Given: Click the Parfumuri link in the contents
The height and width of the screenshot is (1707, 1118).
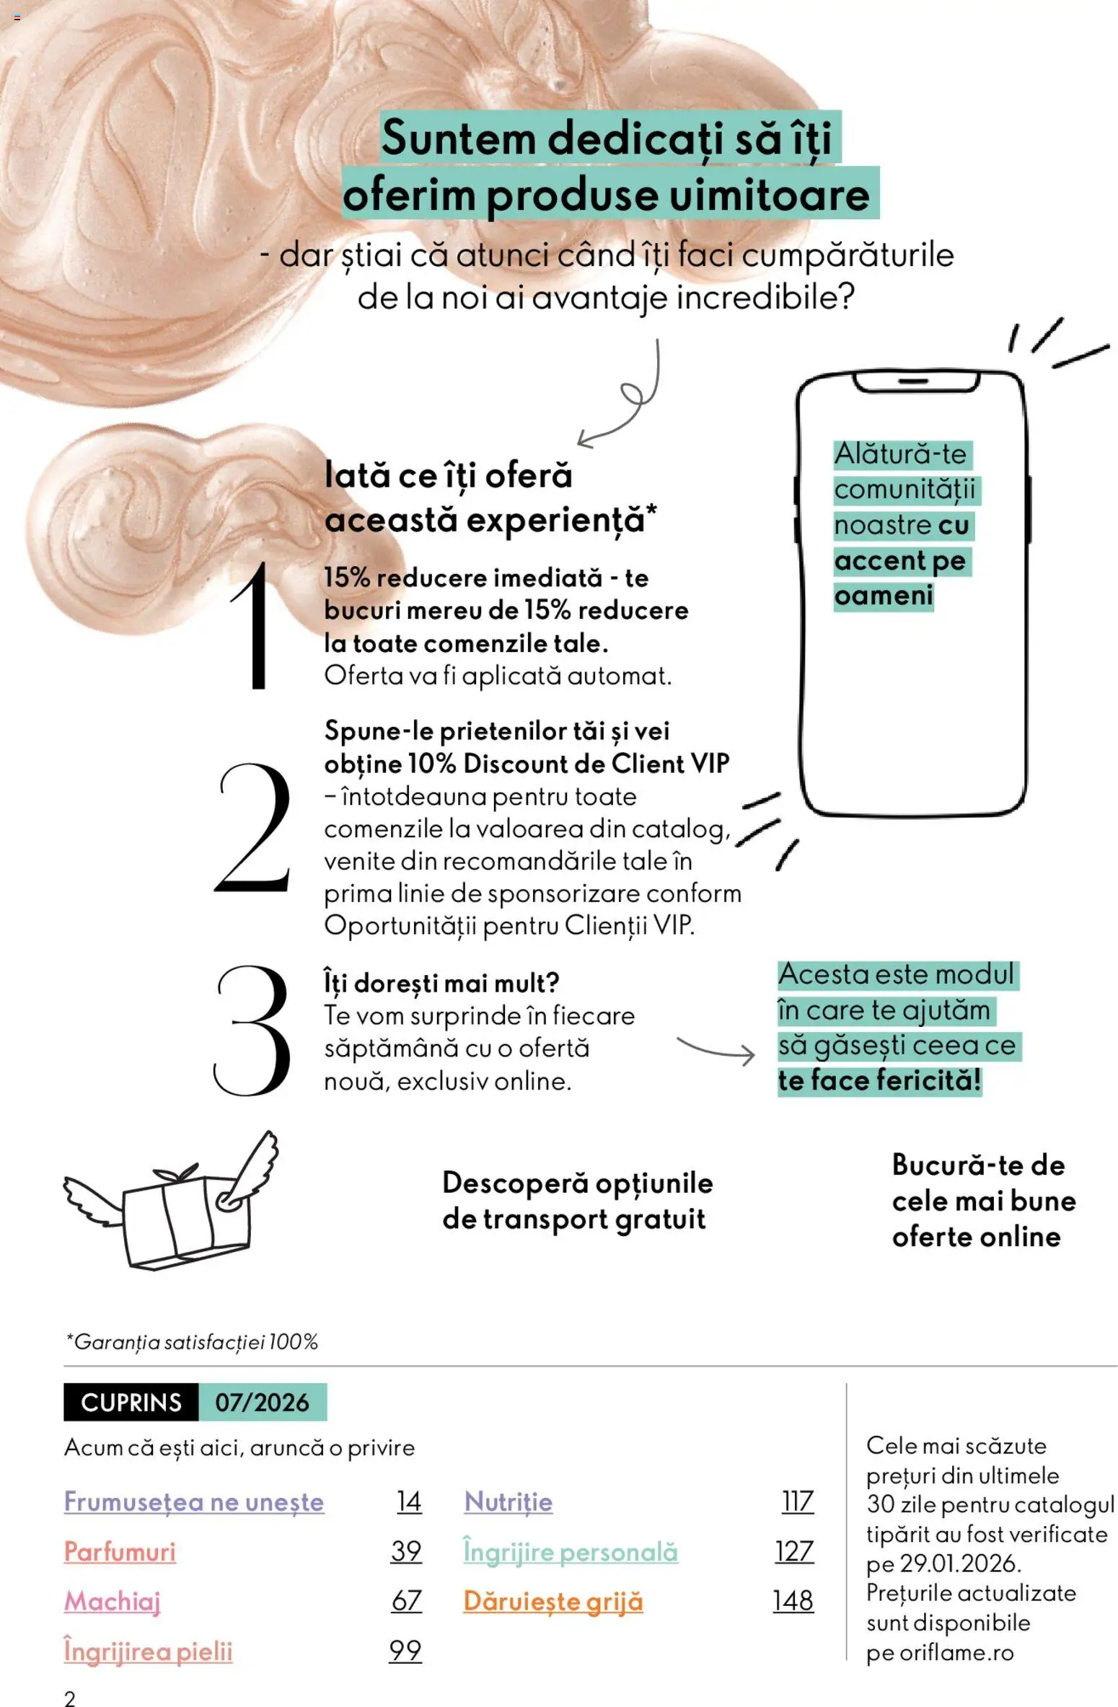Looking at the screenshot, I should pyautogui.click(x=120, y=1551).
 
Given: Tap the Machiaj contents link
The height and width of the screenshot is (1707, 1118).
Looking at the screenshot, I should pyautogui.click(x=112, y=1600).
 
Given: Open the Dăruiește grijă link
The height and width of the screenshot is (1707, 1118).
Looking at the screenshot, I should pyautogui.click(x=553, y=1600).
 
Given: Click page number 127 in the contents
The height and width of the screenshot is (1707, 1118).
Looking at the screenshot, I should pyautogui.click(x=793, y=1551).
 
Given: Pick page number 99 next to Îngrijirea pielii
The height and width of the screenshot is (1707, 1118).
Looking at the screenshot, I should pyautogui.click(x=405, y=1650).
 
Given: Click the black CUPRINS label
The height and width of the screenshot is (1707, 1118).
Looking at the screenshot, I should pyautogui.click(x=131, y=1402).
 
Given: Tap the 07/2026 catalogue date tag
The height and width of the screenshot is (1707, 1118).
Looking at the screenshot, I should pyautogui.click(x=262, y=1402).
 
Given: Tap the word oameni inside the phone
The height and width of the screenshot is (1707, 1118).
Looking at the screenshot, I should pyautogui.click(x=883, y=596).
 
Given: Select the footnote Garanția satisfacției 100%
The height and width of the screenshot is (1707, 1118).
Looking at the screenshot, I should pyautogui.click(x=192, y=1342).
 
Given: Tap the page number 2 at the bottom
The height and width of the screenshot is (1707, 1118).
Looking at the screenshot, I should pyautogui.click(x=69, y=1698).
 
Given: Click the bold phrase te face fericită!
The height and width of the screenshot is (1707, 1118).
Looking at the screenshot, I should pyautogui.click(x=879, y=1080).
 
